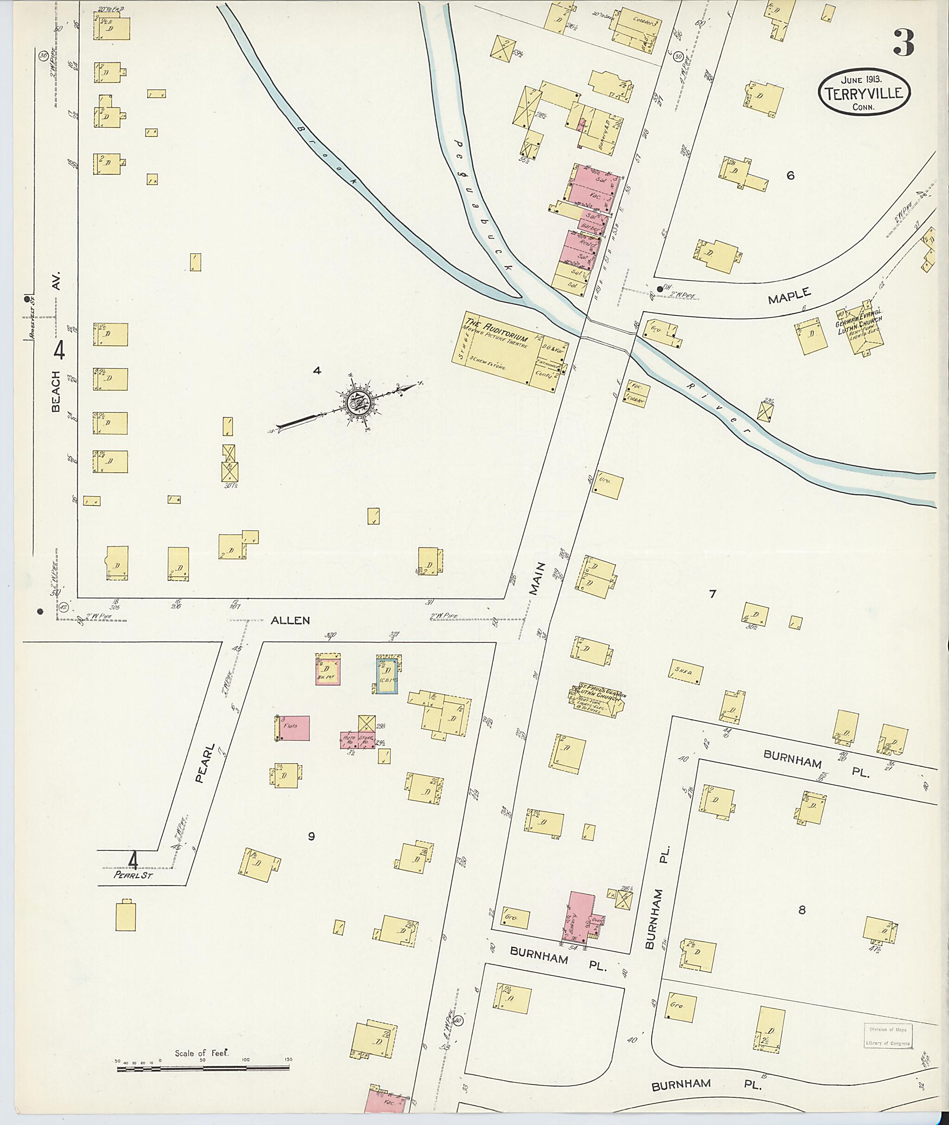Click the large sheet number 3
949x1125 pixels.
point(903,44)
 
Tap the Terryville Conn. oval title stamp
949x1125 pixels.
point(864,93)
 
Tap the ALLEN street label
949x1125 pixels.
point(290,620)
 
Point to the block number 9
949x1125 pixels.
point(311,836)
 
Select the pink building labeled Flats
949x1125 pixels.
point(293,728)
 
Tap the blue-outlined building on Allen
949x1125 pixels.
point(387,675)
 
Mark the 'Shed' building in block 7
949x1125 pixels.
point(684,672)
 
